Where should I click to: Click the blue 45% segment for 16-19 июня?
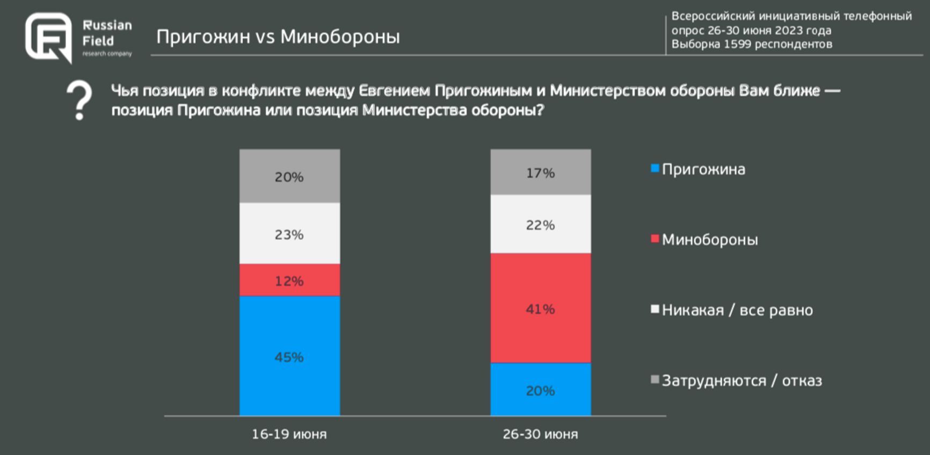289,356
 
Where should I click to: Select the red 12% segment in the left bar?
289,280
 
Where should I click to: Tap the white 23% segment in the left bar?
289,233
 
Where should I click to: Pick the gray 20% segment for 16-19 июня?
289,176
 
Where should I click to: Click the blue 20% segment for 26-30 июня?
540,389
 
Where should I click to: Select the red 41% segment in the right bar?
540,308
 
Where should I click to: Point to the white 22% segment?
540,224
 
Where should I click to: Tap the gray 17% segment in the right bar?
540,172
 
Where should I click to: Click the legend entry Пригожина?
703,169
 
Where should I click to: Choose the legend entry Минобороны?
709,240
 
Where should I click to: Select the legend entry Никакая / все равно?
737,310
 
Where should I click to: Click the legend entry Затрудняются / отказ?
741,380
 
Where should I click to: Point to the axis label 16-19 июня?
289,434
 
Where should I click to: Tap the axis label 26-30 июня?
540,434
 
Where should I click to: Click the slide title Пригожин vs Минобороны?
278,37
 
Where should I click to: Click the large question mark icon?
79,100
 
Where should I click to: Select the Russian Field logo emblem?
48,38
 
